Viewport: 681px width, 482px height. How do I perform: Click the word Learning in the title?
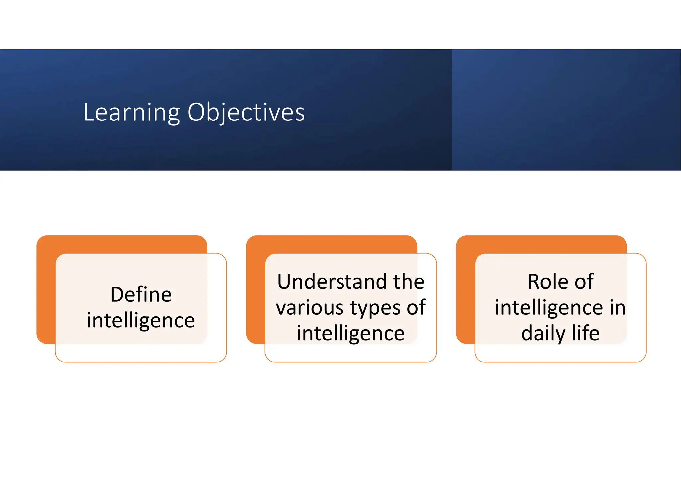(x=131, y=113)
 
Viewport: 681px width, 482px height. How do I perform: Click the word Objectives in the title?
(x=246, y=113)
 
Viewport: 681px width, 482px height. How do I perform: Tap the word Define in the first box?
(x=141, y=295)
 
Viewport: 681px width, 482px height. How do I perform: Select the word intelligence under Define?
(x=141, y=320)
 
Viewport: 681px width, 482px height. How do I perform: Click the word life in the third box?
(x=586, y=333)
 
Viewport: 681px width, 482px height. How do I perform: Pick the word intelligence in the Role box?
(x=549, y=308)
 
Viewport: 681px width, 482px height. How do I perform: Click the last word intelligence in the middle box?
(x=350, y=333)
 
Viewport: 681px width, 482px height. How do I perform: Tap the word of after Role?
(x=584, y=282)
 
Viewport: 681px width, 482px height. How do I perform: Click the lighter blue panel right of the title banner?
(x=565, y=110)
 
